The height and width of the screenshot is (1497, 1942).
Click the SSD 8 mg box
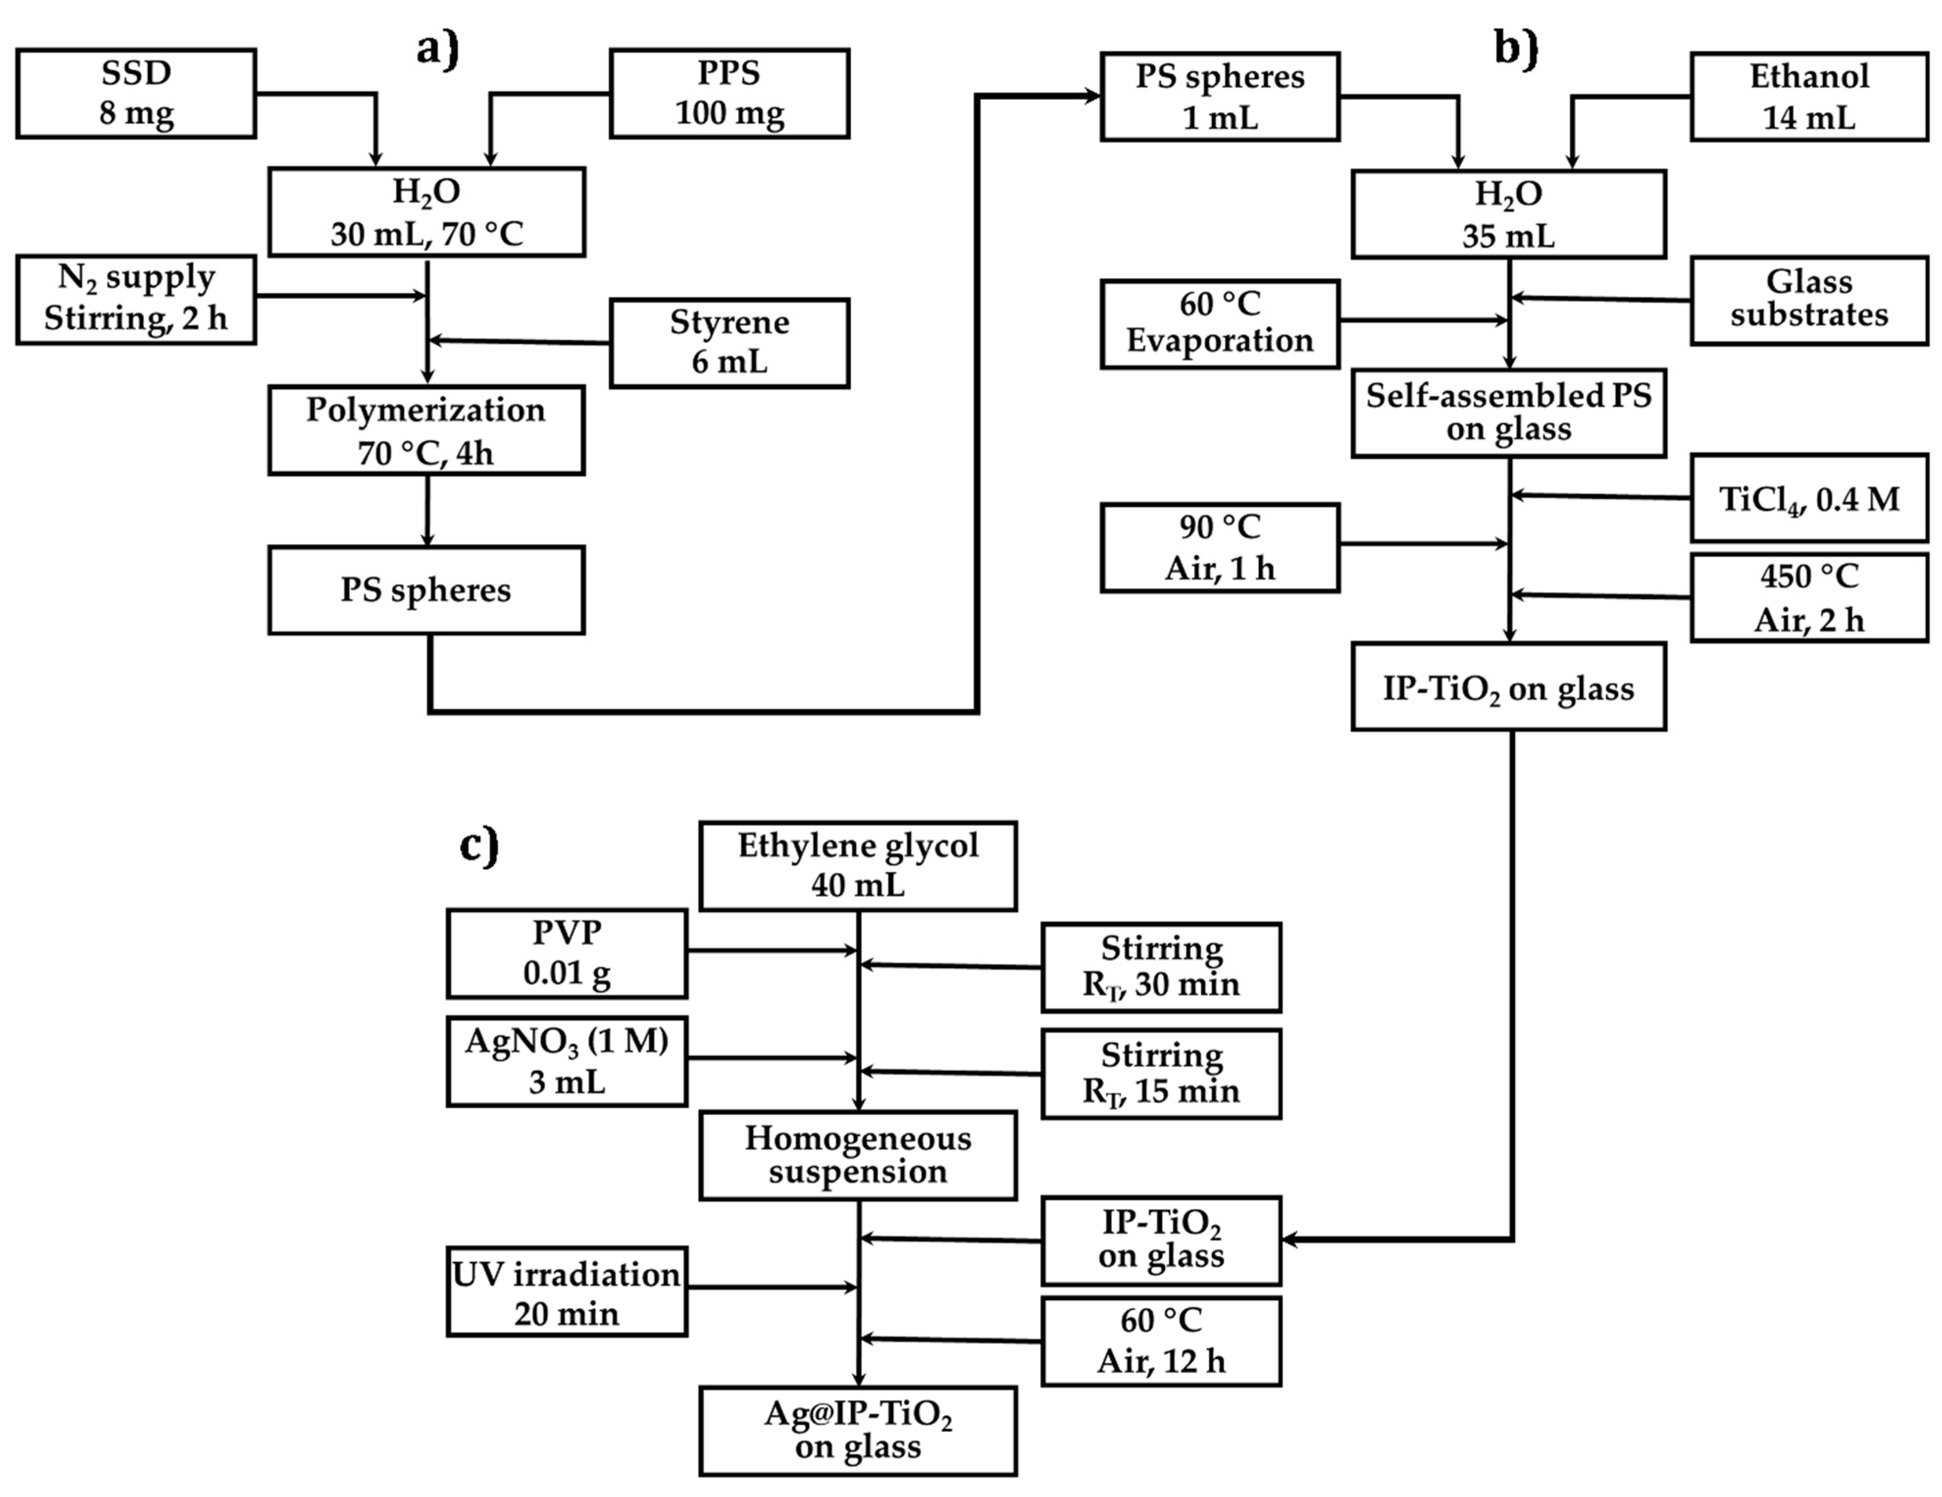(x=136, y=93)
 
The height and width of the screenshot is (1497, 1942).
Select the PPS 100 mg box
(x=729, y=93)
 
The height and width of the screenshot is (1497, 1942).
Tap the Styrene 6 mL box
(x=729, y=342)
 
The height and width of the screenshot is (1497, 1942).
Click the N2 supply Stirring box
(x=136, y=300)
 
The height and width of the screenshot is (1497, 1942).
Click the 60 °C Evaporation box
(x=1220, y=324)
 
